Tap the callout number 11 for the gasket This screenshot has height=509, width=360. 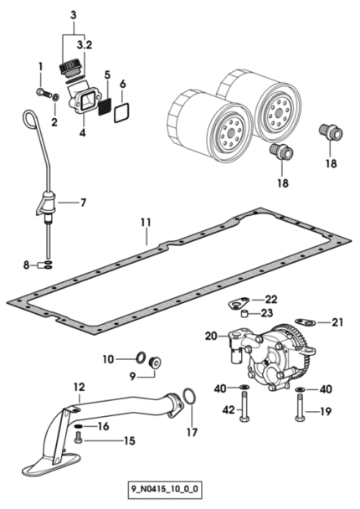click(x=146, y=223)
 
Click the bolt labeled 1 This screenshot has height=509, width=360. click(x=44, y=93)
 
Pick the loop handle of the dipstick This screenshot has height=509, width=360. click(x=29, y=118)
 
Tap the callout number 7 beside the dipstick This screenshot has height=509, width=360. click(x=84, y=203)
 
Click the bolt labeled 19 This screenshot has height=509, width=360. click(x=300, y=408)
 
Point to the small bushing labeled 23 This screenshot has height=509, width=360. click(x=244, y=314)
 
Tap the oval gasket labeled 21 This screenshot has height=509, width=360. click(x=306, y=321)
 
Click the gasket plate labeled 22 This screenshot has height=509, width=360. click(x=238, y=304)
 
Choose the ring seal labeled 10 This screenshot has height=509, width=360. click(x=141, y=357)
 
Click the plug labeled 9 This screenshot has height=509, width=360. click(x=156, y=362)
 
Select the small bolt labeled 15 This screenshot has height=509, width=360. click(x=78, y=438)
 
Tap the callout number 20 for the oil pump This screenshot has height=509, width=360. click(x=211, y=337)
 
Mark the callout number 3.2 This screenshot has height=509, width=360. click(x=85, y=45)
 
